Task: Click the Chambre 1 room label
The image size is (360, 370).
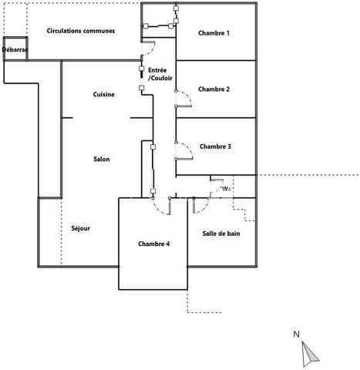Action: point(214,33)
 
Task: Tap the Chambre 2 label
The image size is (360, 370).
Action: point(214,89)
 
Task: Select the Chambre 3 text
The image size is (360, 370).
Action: point(215,146)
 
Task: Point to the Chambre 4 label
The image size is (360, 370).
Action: point(153,244)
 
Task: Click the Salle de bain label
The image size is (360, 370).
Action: point(221,234)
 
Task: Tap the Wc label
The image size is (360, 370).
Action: point(226,189)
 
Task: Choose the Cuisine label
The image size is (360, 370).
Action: point(104,94)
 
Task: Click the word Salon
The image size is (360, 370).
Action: point(102,160)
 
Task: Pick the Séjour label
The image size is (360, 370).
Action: point(81,228)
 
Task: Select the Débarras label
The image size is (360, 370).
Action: point(15,49)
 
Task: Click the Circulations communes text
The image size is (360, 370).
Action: point(81,31)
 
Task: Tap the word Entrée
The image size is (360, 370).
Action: point(157,70)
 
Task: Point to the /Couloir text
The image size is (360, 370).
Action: point(160,78)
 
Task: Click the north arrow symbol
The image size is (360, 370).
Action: point(309,354)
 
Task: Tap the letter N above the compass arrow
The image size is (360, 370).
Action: point(296,335)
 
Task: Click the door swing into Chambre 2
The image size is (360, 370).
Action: point(190,98)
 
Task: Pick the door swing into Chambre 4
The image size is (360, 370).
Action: point(157,210)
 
